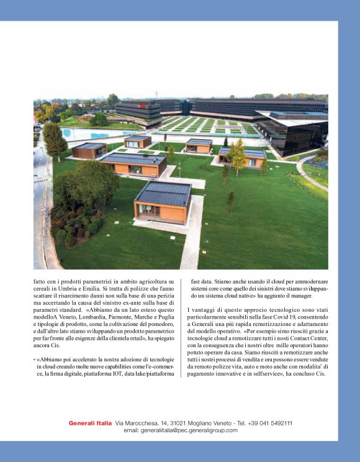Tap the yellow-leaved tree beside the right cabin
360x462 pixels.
click(x=236, y=156)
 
